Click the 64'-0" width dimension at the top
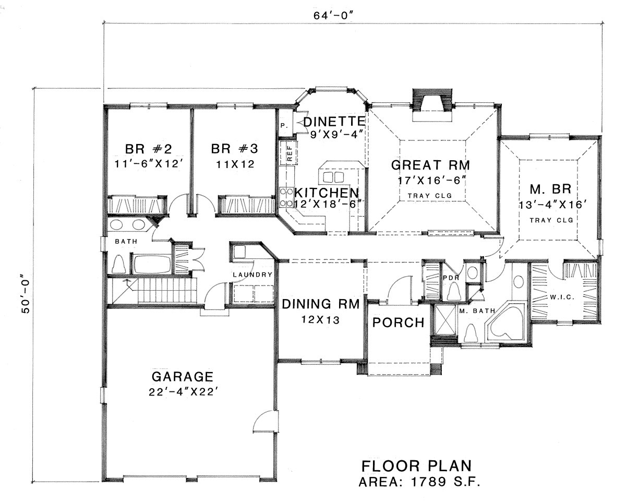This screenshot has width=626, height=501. click(334, 15)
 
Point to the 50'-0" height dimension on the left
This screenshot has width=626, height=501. click(26, 293)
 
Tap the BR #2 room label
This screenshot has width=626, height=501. click(148, 149)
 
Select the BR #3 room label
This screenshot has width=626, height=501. click(234, 149)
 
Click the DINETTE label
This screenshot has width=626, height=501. click(334, 122)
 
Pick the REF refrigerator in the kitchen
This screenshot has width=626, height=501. click(288, 153)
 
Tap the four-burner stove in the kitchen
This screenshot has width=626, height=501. click(286, 197)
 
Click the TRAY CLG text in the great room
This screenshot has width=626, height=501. click(430, 196)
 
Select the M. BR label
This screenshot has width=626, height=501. click(550, 189)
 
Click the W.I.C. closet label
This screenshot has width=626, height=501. click(562, 297)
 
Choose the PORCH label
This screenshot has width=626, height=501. click(398, 323)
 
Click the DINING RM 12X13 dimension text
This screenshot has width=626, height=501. click(320, 320)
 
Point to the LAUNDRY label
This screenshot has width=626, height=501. click(252, 275)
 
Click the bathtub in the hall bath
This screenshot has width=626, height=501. click(152, 264)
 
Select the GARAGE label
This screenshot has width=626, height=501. click(183, 377)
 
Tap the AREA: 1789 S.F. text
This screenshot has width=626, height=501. click(419, 482)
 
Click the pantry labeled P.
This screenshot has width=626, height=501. click(284, 125)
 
